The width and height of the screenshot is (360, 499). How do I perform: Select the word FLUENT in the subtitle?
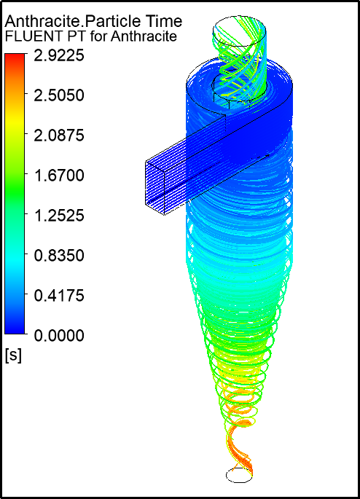pyautogui.click(x=30, y=36)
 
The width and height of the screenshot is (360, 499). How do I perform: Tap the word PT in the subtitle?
pyautogui.click(x=70, y=36)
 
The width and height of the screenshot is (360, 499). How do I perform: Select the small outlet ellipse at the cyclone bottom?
pyautogui.click(x=239, y=476)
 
